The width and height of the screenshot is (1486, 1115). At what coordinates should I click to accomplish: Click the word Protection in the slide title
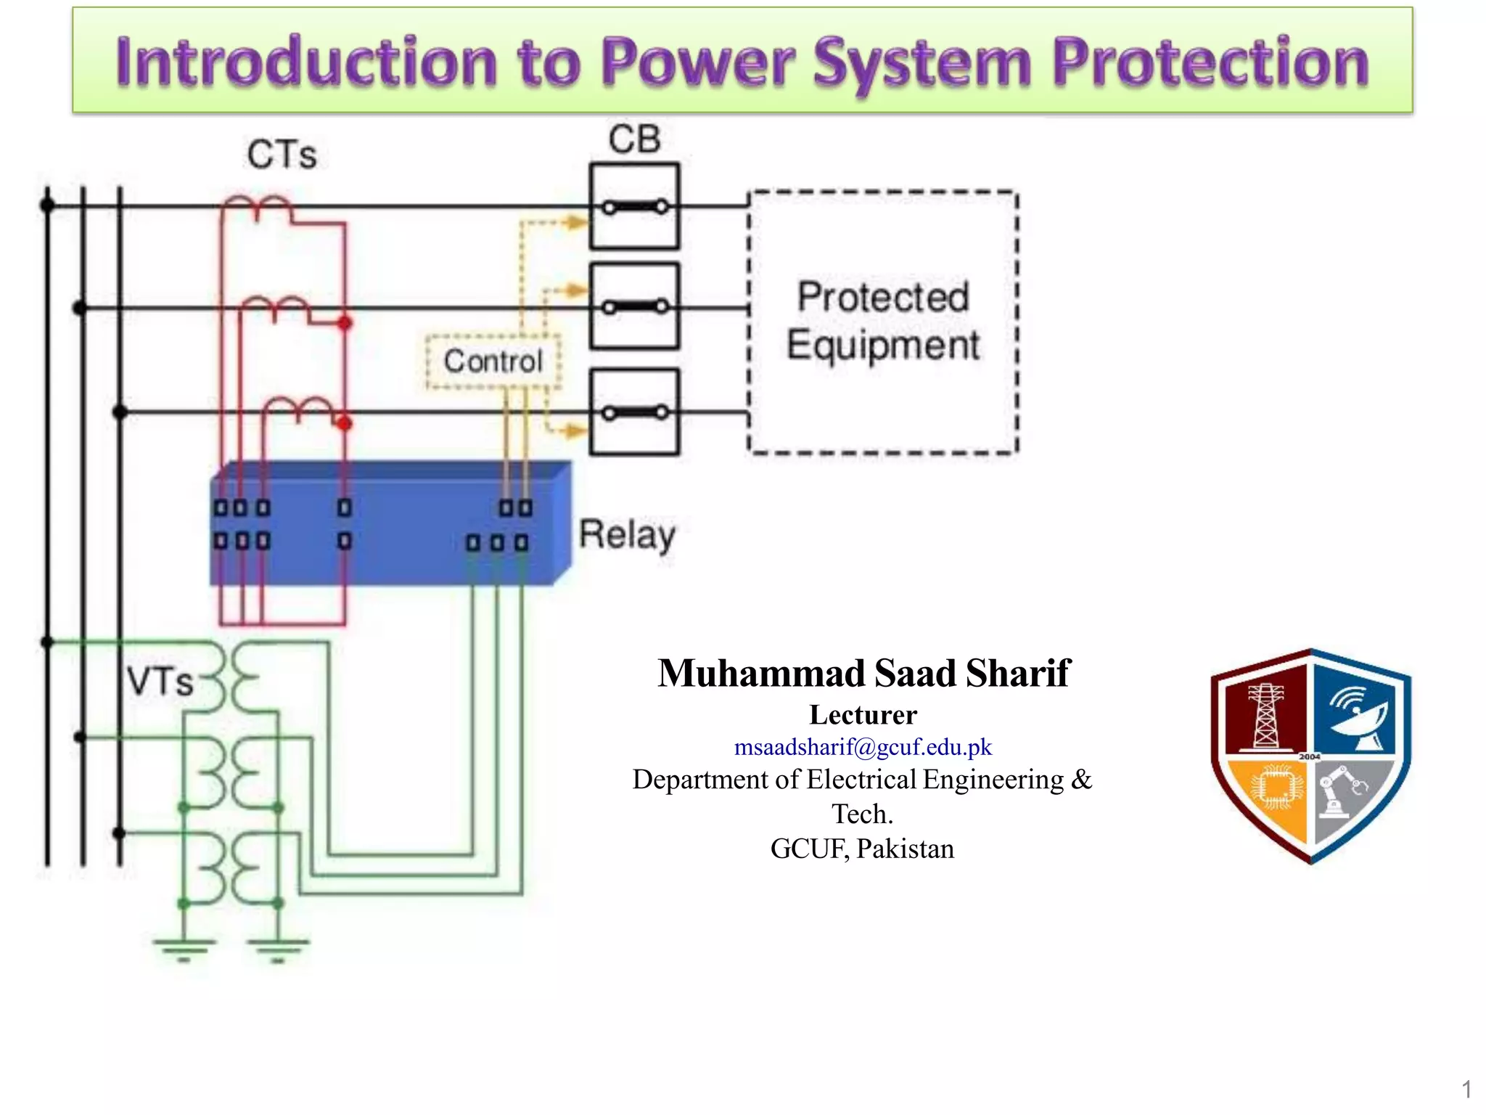(x=1210, y=64)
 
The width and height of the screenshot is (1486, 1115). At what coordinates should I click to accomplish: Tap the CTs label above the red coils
(x=282, y=155)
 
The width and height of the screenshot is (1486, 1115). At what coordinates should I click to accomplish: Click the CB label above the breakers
(x=634, y=139)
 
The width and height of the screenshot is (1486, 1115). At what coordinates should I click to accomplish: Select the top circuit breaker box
(x=635, y=207)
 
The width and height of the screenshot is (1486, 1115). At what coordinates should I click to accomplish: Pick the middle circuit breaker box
(x=635, y=307)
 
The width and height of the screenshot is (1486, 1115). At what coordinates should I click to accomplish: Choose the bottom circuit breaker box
(x=635, y=412)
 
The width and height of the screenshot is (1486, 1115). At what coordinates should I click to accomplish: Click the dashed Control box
(x=493, y=362)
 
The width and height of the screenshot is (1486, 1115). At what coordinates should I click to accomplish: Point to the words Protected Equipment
(x=883, y=321)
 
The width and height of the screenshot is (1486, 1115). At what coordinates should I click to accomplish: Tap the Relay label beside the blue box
(x=627, y=536)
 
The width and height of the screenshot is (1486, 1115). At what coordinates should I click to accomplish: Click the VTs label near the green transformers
(x=160, y=682)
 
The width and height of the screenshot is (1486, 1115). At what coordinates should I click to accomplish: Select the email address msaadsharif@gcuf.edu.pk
(x=862, y=747)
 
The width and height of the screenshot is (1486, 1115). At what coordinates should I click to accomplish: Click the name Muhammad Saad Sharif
(x=863, y=673)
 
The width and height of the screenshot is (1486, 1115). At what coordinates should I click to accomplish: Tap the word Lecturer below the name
(x=863, y=715)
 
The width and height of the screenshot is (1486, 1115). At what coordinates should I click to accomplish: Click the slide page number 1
(x=1466, y=1089)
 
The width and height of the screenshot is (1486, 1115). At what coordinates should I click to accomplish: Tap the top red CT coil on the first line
(x=257, y=208)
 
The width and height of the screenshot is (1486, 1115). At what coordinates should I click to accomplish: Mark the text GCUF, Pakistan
(x=862, y=849)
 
